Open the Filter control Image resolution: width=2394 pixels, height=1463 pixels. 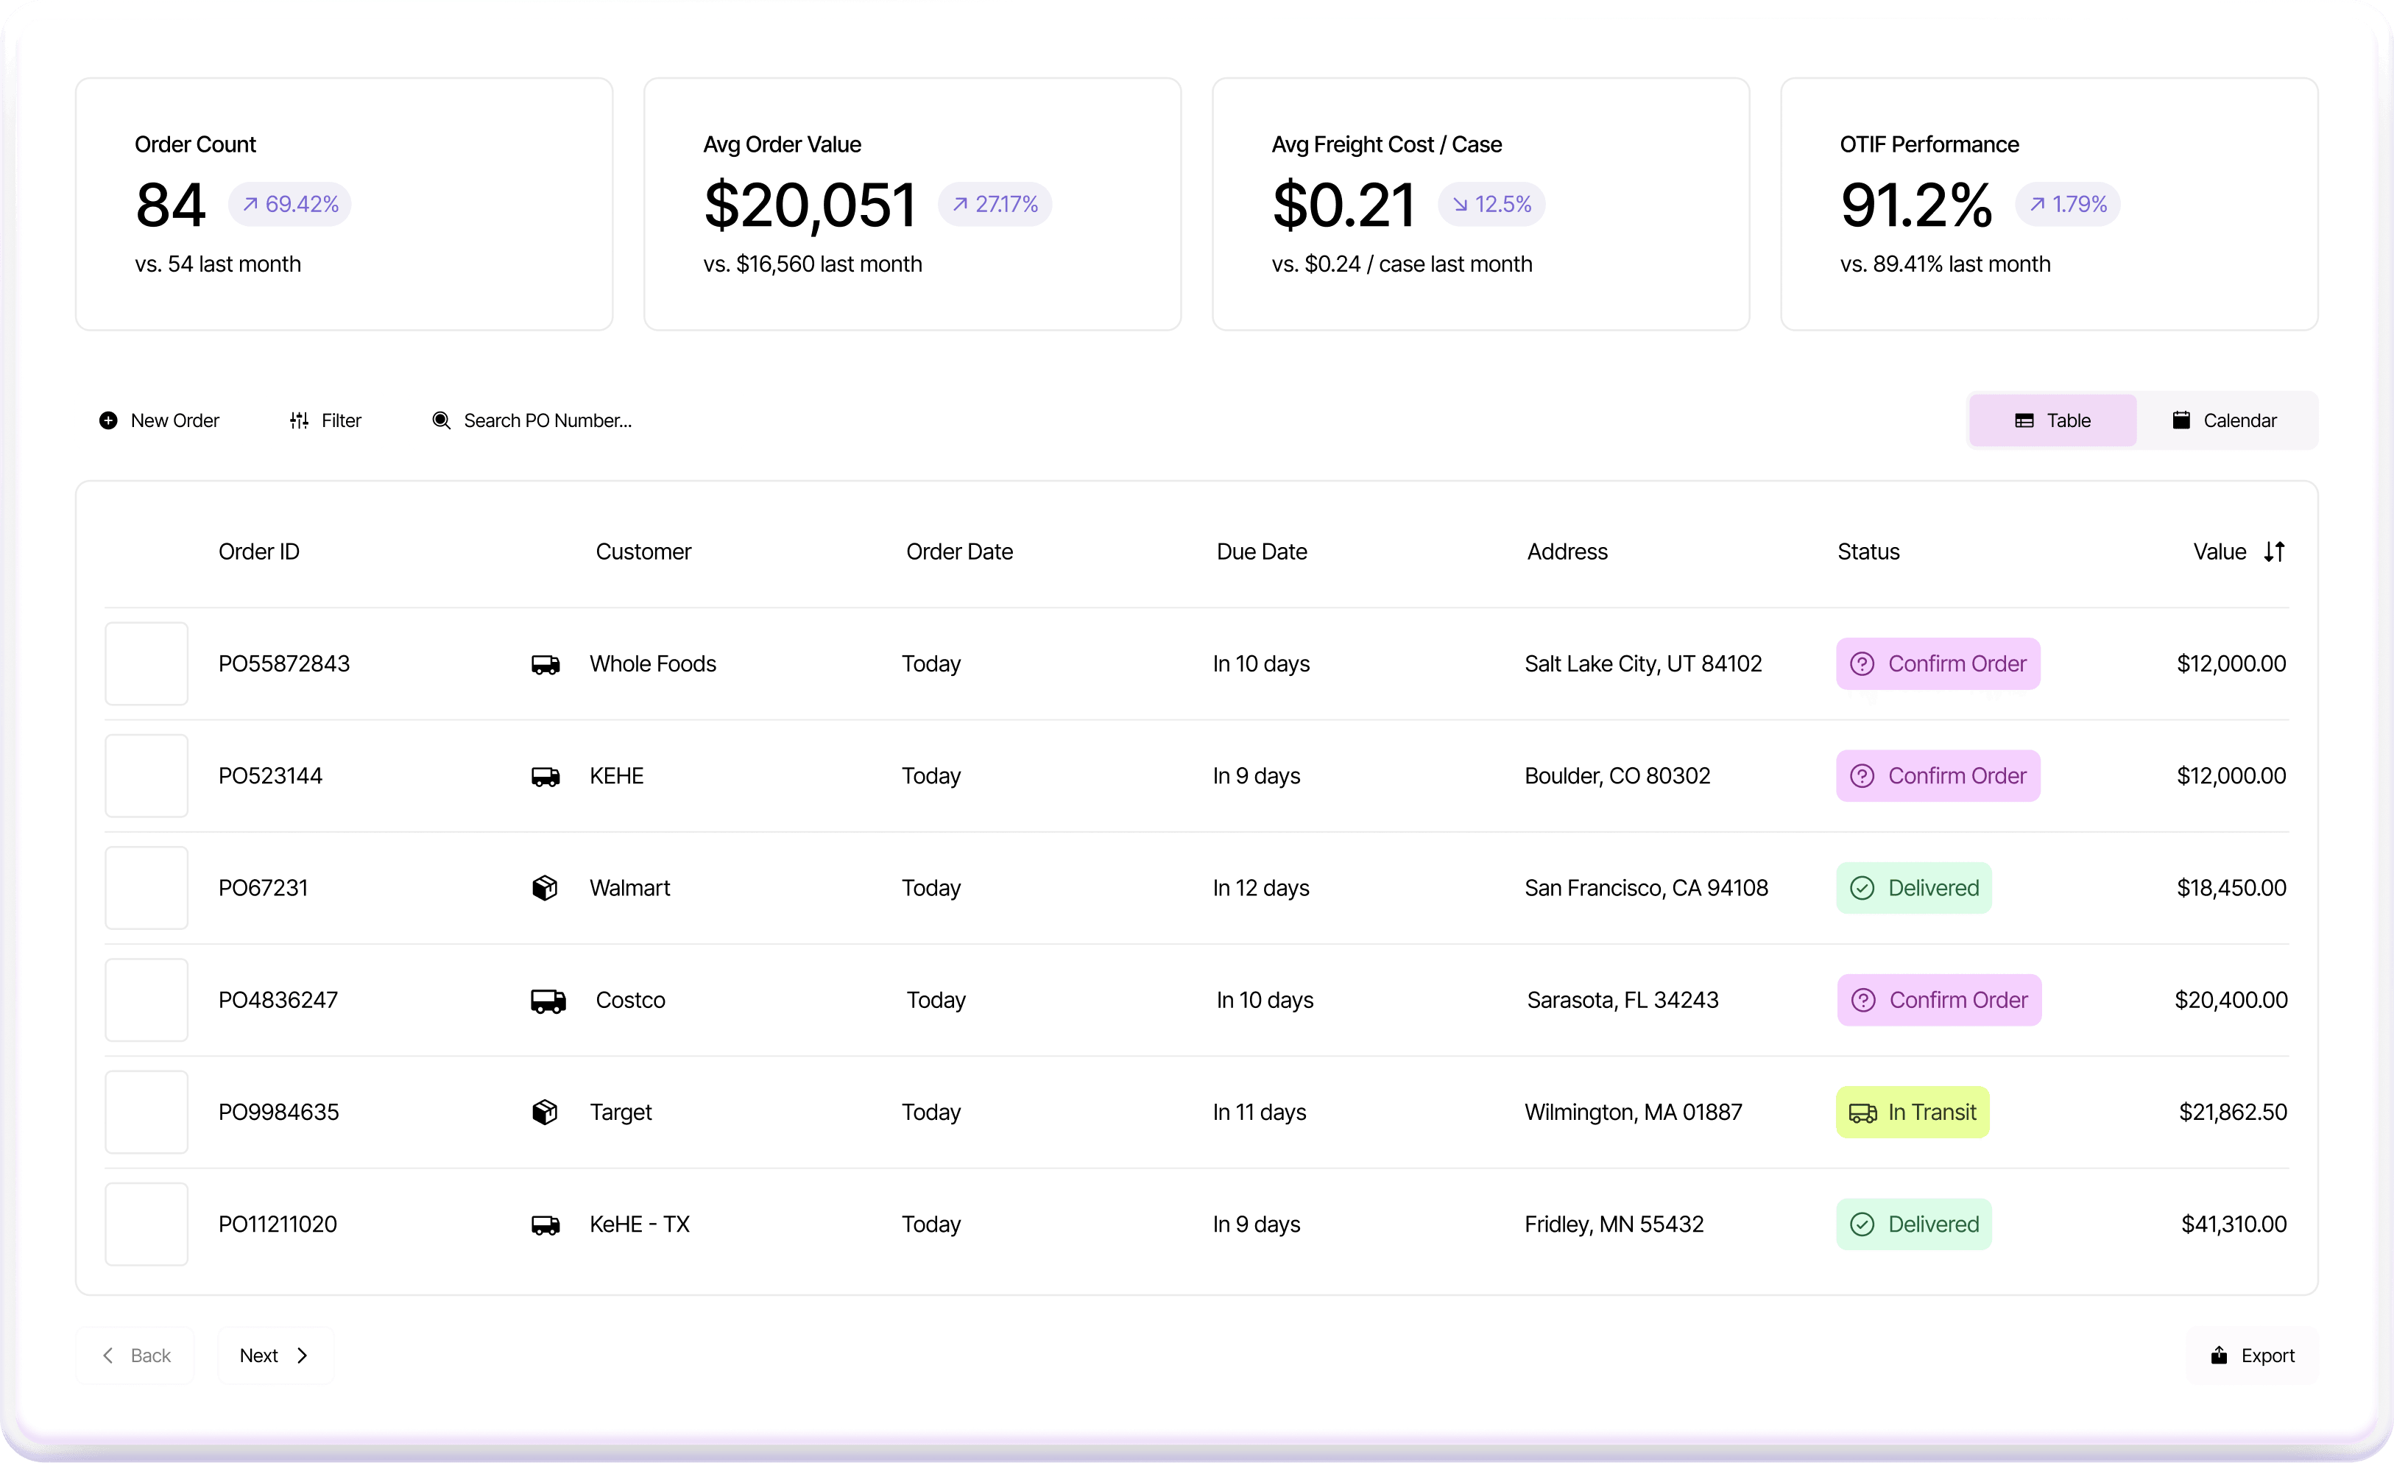(325, 420)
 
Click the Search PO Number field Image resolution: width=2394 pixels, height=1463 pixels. (547, 420)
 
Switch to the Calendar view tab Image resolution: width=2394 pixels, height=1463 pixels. (2225, 420)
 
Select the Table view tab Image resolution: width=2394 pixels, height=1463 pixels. (2053, 420)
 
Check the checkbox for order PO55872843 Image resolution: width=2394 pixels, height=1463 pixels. (146, 663)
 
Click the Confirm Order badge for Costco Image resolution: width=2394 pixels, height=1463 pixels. (1939, 1000)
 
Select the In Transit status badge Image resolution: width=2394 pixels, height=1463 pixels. (1912, 1113)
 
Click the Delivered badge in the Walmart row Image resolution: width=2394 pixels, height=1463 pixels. (1913, 888)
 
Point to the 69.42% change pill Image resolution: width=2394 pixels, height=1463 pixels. (289, 204)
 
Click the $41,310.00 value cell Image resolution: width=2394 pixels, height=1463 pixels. (2233, 1224)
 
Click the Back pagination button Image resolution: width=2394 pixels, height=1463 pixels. (136, 1356)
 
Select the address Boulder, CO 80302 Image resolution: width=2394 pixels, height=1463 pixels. (1617, 776)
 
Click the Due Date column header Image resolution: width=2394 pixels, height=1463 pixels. (1261, 551)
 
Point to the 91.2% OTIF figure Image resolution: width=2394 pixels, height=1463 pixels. (1915, 205)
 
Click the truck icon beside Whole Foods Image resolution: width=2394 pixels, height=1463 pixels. (545, 664)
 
